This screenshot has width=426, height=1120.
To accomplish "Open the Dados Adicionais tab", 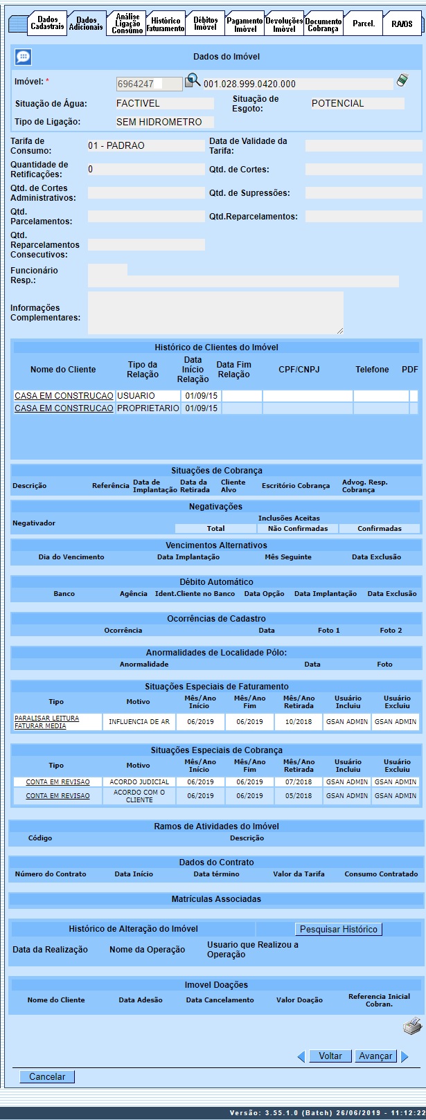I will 87,24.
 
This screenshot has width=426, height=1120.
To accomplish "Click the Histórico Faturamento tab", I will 166,24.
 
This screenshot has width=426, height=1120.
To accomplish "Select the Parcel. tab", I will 364,24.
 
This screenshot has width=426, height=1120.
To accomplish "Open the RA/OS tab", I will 402,24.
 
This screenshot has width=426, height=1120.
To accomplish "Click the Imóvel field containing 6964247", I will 149,84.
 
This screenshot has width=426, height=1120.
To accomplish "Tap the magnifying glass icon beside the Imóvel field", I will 193,82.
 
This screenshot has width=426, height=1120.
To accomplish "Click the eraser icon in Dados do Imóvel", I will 402,82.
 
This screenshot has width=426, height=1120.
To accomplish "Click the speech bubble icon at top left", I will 23,57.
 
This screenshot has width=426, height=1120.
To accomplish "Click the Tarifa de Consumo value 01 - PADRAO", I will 146,146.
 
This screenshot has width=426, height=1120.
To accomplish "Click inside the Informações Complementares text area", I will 215,313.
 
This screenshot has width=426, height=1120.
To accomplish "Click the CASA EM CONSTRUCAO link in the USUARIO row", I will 64,396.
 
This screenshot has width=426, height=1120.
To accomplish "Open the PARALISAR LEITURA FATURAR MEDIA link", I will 47,722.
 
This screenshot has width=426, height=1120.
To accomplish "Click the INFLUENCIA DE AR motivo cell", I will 139,722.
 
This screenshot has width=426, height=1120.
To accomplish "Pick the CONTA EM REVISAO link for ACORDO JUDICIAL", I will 57,782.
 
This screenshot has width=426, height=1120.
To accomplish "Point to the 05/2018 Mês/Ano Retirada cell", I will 299,796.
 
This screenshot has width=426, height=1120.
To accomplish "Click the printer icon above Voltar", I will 412,1026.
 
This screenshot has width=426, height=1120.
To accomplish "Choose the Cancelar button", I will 47,1076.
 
